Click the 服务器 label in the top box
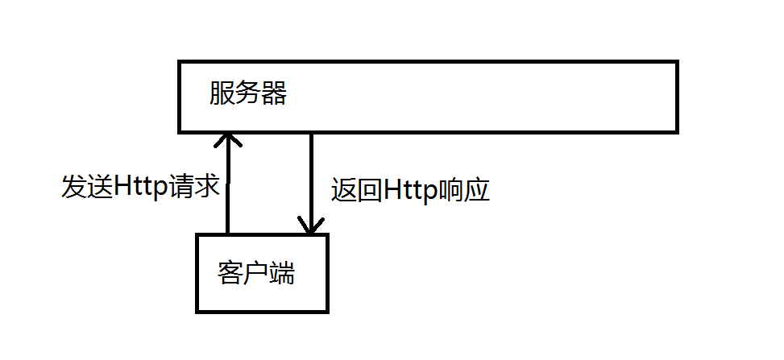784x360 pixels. [x=248, y=95]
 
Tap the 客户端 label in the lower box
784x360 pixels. [x=256, y=274]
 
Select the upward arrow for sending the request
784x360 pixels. [x=228, y=185]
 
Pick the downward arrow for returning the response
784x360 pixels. [x=311, y=181]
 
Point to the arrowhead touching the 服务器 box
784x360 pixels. [x=228, y=140]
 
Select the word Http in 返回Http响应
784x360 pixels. [x=410, y=190]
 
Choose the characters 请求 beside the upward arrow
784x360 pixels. [x=194, y=186]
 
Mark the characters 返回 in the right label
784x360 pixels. [x=357, y=190]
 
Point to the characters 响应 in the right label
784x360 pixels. [x=463, y=190]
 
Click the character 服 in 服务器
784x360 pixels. [x=222, y=95]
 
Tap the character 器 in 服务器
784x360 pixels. [x=274, y=95]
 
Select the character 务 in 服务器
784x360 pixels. [x=248, y=95]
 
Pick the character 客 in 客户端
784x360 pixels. [x=230, y=274]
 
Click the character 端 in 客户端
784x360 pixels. [x=282, y=274]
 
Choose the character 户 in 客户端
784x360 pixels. [x=256, y=274]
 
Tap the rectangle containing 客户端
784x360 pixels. [x=262, y=298]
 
